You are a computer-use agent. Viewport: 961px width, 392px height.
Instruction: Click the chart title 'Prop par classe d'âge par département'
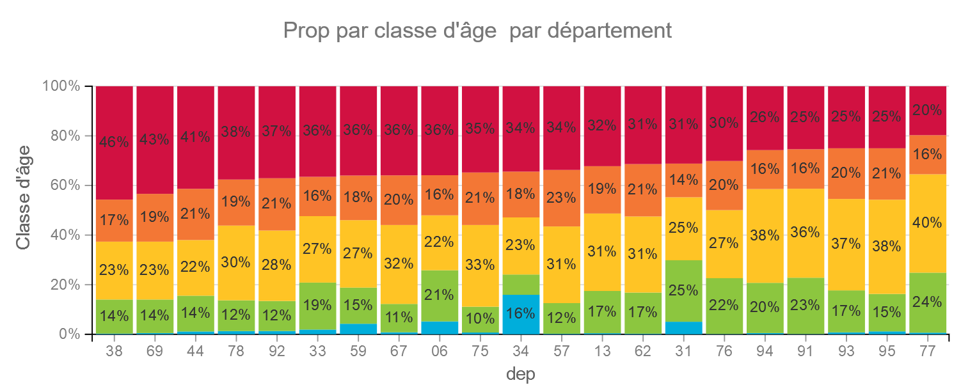coord(477,31)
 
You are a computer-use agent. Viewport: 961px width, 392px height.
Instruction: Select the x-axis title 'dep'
coord(520,374)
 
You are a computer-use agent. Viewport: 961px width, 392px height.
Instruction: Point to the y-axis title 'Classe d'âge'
coord(23,198)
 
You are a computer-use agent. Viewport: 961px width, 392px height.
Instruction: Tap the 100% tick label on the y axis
coord(61,86)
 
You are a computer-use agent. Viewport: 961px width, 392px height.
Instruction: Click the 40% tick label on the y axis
coord(65,235)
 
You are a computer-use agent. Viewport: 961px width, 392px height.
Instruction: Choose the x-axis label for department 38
coord(114,351)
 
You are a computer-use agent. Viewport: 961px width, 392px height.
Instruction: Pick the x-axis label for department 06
coord(440,351)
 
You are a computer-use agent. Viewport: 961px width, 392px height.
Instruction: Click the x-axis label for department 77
coord(928,351)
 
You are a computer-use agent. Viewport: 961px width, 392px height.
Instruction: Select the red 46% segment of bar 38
coord(114,143)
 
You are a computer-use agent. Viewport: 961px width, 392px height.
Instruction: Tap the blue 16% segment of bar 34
coord(521,315)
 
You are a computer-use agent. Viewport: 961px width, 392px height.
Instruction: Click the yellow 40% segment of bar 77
coord(928,223)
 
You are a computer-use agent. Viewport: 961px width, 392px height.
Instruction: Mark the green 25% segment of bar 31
coord(683,291)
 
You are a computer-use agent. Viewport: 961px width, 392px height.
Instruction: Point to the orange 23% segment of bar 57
coord(562,198)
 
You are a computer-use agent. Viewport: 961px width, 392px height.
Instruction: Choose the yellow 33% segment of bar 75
coord(480,266)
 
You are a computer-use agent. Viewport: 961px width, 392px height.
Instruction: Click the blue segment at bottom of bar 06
coord(440,327)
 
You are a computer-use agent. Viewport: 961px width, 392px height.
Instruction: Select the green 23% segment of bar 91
coord(806,306)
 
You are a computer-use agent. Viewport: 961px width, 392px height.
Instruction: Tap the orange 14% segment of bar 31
coord(683,180)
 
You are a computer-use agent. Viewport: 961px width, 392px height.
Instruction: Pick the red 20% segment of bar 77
coord(928,111)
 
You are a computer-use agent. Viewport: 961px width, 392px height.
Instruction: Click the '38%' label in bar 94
coord(765,235)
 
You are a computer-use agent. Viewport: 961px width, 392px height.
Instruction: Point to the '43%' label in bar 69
coord(154,139)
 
